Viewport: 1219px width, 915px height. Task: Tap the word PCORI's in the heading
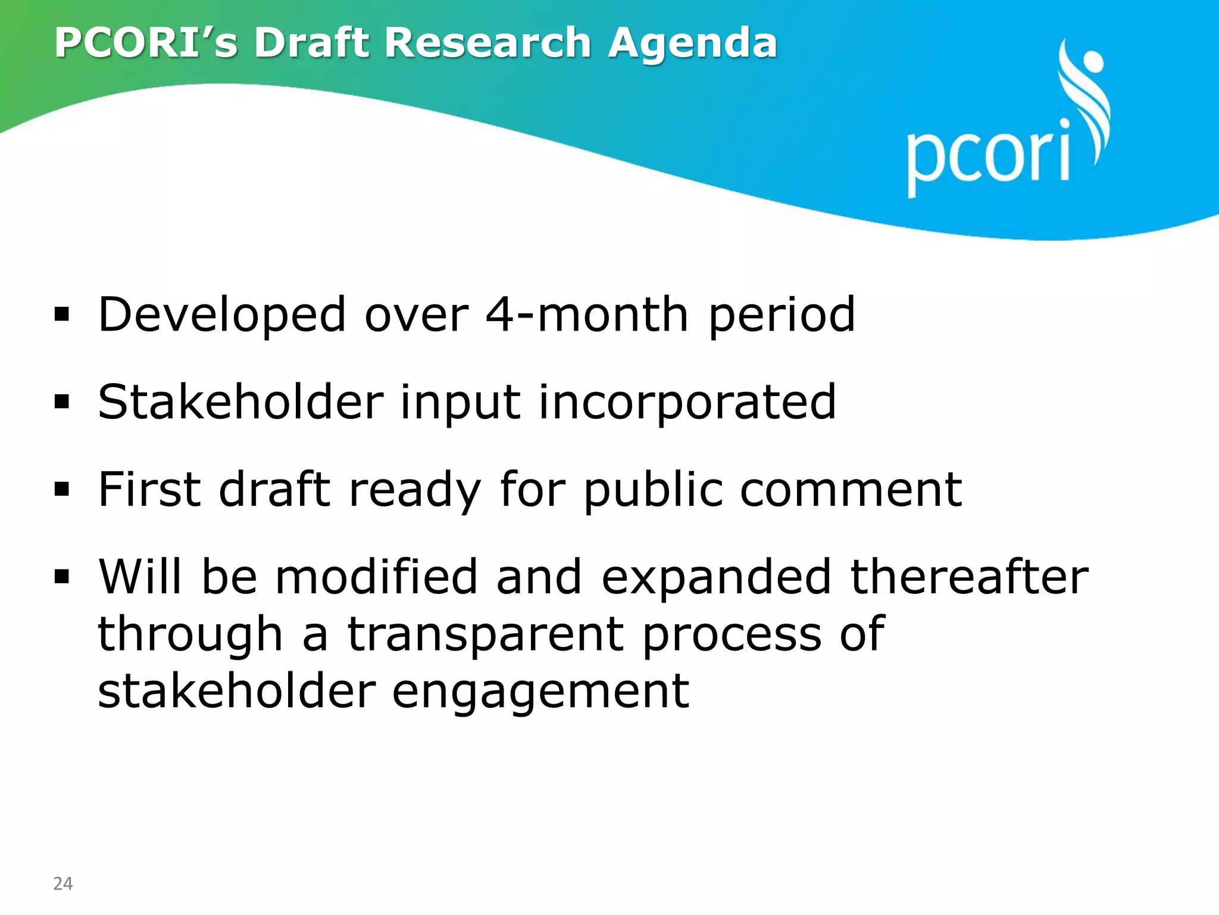146,43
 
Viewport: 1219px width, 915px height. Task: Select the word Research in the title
487,43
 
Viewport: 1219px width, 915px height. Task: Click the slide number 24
63,883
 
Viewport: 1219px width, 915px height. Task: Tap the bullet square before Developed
62,315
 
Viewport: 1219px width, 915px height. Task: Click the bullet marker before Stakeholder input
62,402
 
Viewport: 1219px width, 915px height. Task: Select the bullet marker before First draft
62,489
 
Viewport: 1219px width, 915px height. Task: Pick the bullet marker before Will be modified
62,577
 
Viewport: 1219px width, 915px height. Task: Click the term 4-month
587,315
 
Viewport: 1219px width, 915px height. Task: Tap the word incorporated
687,402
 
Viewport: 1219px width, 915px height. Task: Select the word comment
851,490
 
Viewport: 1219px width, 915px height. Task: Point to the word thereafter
969,577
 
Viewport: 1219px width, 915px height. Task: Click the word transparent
486,634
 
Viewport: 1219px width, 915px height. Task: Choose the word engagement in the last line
540,692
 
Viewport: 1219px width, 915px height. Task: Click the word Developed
222,316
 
